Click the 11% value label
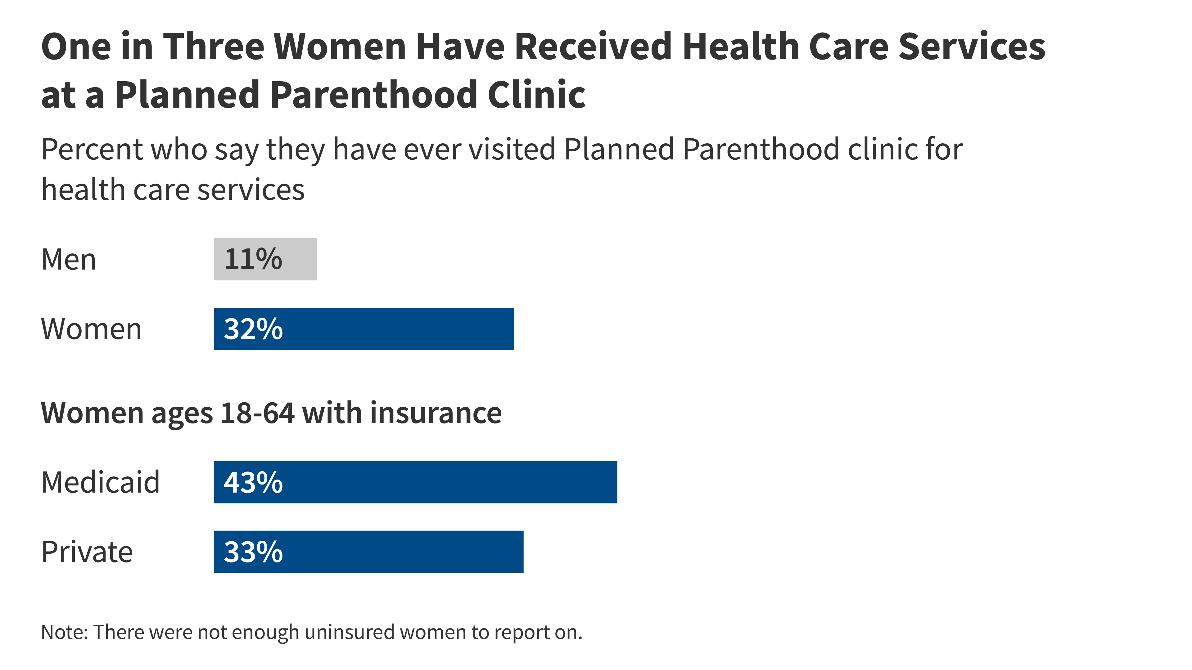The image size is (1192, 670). click(x=253, y=259)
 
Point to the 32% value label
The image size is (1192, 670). click(x=253, y=329)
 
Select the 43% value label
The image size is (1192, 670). click(x=253, y=482)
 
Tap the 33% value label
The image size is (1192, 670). click(x=253, y=552)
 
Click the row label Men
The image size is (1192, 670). click(x=69, y=259)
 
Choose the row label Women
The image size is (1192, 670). click(x=91, y=329)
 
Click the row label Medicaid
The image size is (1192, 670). click(x=100, y=482)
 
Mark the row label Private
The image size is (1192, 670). click(x=87, y=552)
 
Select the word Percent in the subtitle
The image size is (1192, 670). click(x=92, y=150)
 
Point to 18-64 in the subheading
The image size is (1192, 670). click(x=257, y=413)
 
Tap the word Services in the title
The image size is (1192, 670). click(x=972, y=47)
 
